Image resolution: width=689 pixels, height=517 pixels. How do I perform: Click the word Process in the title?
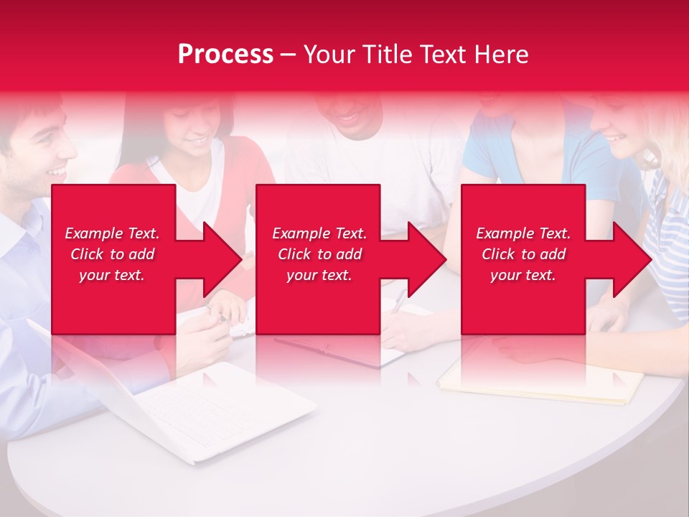tap(225, 55)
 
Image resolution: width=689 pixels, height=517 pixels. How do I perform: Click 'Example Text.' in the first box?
tap(112, 233)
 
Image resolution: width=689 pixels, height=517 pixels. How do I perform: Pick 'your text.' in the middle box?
tap(319, 275)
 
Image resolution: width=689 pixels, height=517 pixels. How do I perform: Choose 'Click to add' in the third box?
tap(523, 254)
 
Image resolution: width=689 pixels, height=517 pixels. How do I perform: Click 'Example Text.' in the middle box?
tap(319, 233)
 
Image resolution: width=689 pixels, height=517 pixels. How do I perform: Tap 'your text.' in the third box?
tap(523, 275)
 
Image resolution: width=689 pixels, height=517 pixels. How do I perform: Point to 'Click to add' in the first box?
tap(112, 254)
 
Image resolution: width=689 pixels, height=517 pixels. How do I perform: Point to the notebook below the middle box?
tap(337, 352)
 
